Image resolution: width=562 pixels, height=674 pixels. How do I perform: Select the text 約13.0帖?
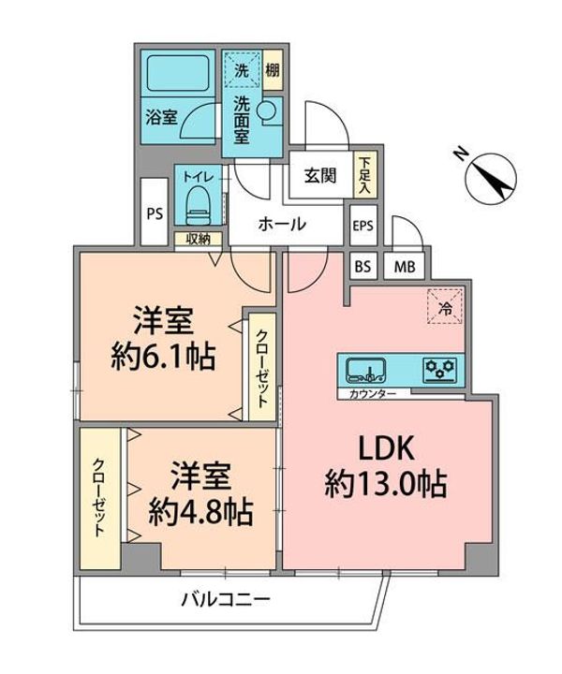(x=384, y=485)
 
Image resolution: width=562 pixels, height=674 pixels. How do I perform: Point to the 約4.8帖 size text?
(x=202, y=510)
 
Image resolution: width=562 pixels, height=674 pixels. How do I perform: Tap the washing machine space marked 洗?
(x=242, y=68)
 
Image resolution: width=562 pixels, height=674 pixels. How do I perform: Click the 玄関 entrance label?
(x=318, y=175)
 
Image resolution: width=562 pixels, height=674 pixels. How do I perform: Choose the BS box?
(x=362, y=266)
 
